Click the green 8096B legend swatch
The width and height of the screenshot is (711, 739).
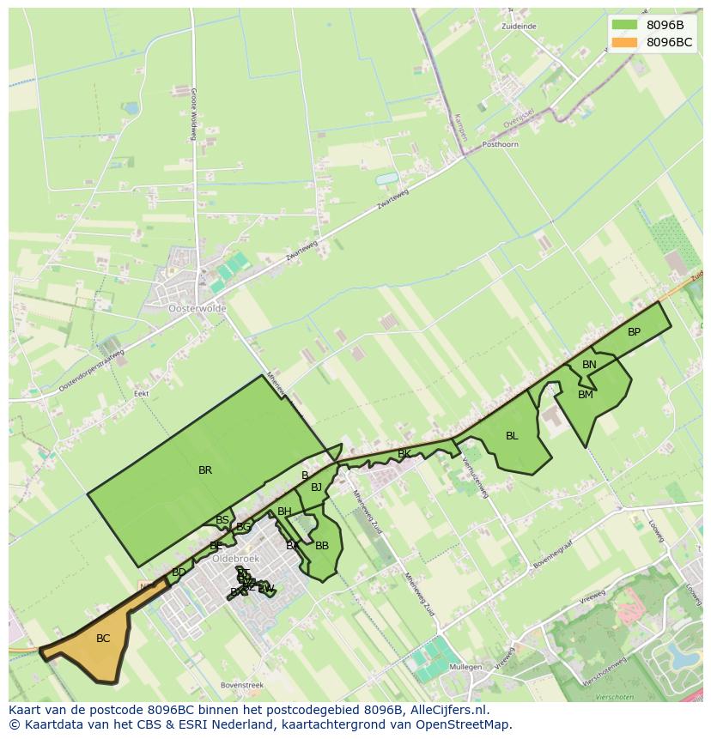pyautogui.click(x=625, y=25)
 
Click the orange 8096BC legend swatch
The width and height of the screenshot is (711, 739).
pyautogui.click(x=625, y=42)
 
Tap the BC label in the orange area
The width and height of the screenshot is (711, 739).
pyautogui.click(x=103, y=639)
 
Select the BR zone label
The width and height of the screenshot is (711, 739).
pyautogui.click(x=205, y=470)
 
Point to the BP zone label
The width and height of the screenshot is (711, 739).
pyautogui.click(x=634, y=332)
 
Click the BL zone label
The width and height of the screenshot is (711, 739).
pyautogui.click(x=512, y=436)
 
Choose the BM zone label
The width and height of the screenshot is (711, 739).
pyautogui.click(x=586, y=395)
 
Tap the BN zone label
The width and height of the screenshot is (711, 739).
pyautogui.click(x=589, y=365)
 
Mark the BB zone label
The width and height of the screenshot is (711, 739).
pyautogui.click(x=322, y=546)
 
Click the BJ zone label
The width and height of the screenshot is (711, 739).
pyautogui.click(x=316, y=488)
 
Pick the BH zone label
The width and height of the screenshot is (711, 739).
pyautogui.click(x=284, y=512)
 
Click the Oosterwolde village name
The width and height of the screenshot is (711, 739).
pyautogui.click(x=197, y=308)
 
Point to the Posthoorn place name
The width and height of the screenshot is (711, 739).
pyautogui.click(x=501, y=145)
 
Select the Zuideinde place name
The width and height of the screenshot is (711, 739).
pyautogui.click(x=519, y=27)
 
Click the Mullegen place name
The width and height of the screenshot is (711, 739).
pyautogui.click(x=465, y=666)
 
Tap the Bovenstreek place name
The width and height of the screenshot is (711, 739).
pyautogui.click(x=241, y=686)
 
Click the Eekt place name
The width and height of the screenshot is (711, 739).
pyautogui.click(x=142, y=394)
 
